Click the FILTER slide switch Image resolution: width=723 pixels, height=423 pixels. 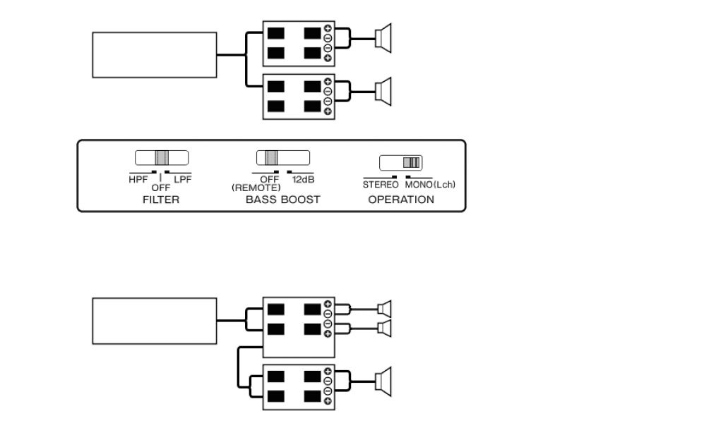[x=162, y=158]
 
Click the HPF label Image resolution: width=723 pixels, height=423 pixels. [x=138, y=179]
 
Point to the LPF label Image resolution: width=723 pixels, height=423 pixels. [x=182, y=179]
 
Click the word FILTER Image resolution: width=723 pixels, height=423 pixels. [x=161, y=200]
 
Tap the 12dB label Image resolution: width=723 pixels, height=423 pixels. [x=303, y=180]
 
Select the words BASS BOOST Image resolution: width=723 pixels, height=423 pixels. [x=282, y=200]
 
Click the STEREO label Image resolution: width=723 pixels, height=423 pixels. [x=381, y=185]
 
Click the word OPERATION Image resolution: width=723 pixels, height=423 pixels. [x=401, y=200]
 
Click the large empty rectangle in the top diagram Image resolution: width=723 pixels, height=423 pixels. [x=155, y=54]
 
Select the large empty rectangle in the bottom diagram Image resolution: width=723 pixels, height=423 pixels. [x=155, y=320]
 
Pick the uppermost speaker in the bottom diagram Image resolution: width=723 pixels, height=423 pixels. [x=384, y=308]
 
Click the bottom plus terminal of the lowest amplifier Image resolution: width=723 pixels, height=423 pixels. [x=328, y=401]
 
